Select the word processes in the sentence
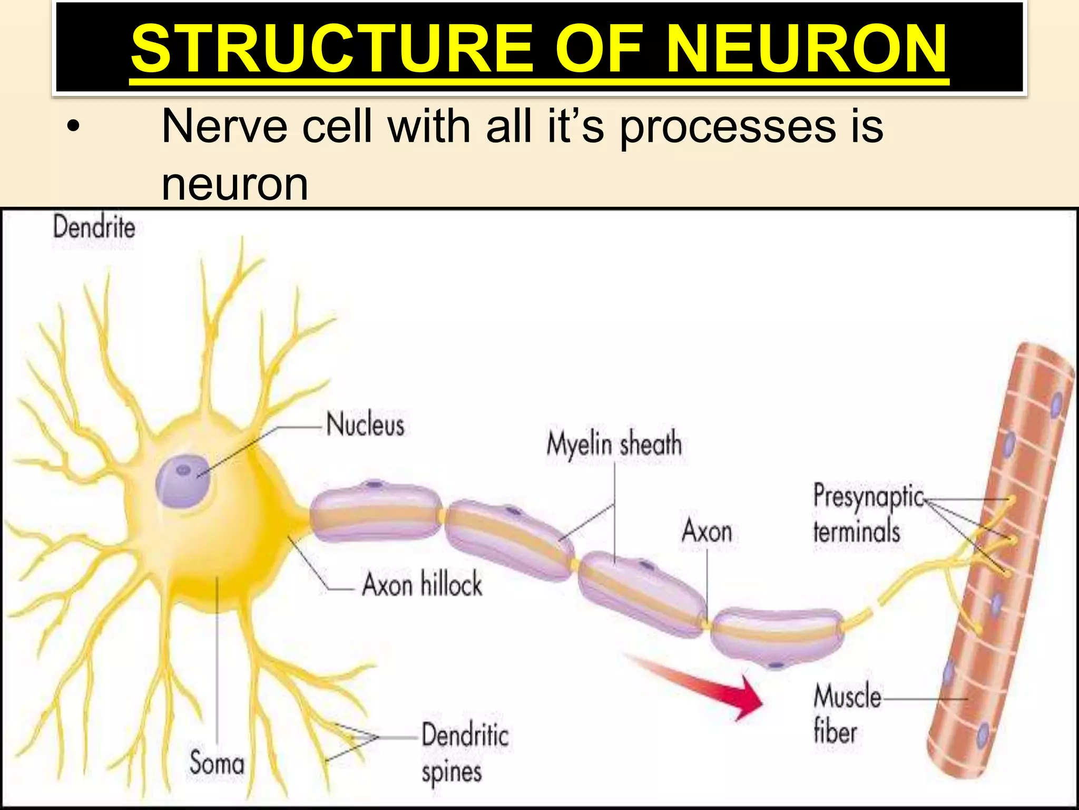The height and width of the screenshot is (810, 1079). [x=727, y=127]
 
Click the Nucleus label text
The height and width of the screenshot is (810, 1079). [x=365, y=425]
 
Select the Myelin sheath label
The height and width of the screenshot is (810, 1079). [x=614, y=444]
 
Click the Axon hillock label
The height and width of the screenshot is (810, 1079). [x=422, y=584]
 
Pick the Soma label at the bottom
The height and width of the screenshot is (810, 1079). [x=217, y=763]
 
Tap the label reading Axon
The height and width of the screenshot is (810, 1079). [x=707, y=531]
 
